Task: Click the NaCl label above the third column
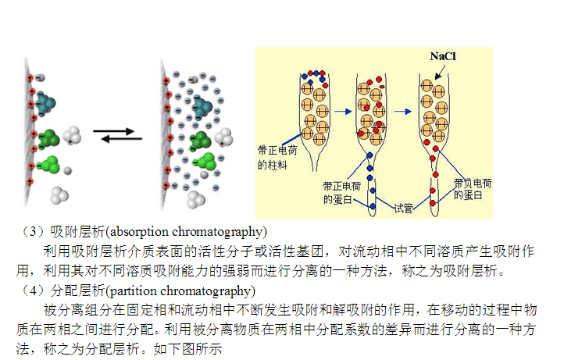coord(442,57)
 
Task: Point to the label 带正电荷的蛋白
coord(341,192)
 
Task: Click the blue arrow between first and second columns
coord(342,111)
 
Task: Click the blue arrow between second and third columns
coord(403,111)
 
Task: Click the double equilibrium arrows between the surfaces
coord(117,135)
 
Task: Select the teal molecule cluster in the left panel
coord(46,102)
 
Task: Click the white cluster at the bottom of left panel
coord(59,193)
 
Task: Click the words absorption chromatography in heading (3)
coord(187,232)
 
